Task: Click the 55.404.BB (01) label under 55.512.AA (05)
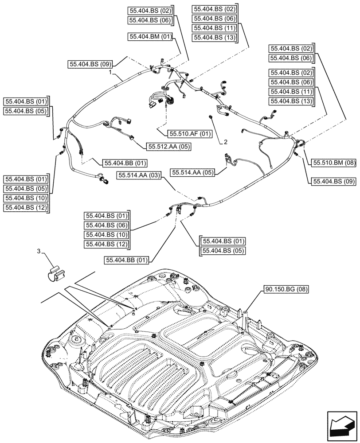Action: (x=125, y=163)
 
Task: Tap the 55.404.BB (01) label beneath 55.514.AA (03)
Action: (x=128, y=260)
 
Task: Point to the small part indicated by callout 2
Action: (x=211, y=117)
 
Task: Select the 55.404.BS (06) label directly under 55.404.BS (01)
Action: (x=106, y=225)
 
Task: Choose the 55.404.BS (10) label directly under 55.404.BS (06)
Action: (x=106, y=235)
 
